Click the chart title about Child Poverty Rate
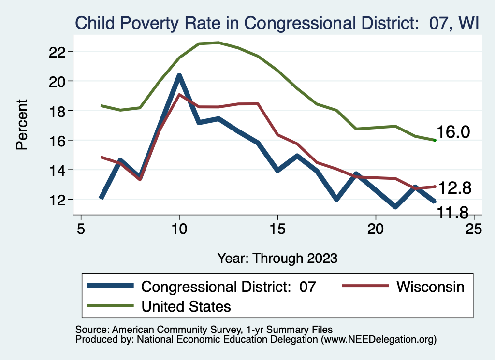276,23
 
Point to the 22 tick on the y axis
60,51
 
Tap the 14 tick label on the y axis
60,170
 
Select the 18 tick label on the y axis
60,111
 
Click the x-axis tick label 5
81,228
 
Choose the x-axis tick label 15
277,228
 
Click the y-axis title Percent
22,125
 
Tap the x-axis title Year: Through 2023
277,258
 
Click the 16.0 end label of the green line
453,132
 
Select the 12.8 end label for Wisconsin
453,188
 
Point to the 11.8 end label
453,212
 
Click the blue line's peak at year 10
179,75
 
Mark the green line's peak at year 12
218,43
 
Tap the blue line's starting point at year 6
101,198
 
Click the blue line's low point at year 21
395,207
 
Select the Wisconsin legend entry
430,287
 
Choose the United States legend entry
186,306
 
